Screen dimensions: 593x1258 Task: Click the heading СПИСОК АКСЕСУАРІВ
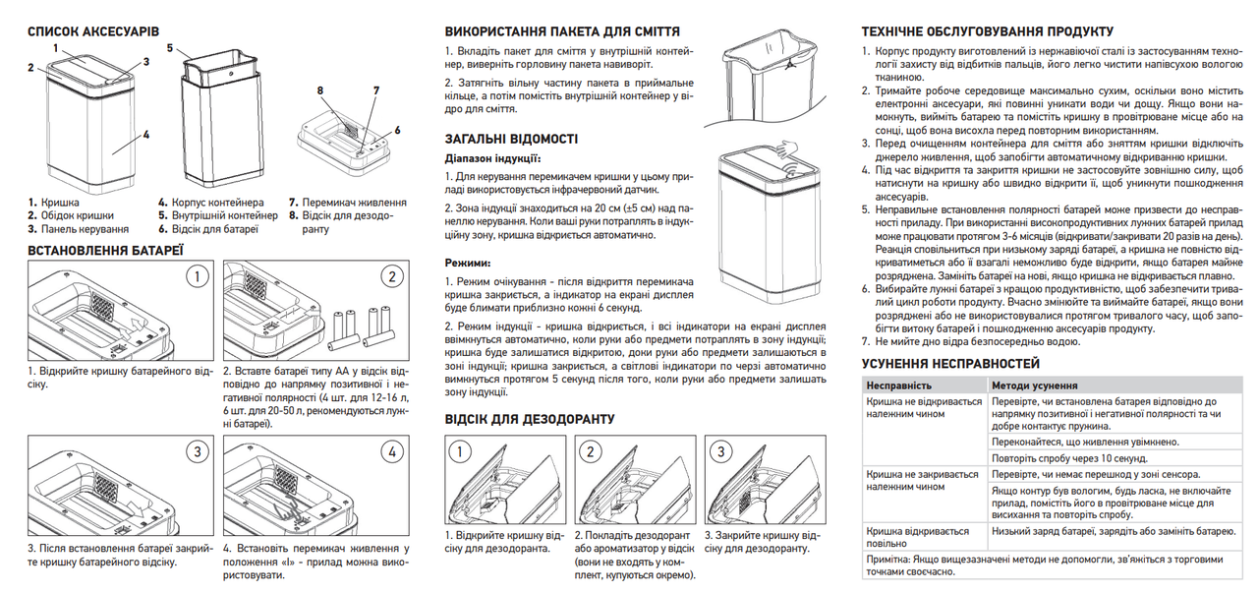[93, 31]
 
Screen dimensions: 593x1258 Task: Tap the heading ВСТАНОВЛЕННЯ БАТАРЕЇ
[105, 251]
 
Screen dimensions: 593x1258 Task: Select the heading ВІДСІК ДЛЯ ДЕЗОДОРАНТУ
[530, 419]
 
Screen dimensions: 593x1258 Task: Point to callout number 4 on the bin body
[146, 135]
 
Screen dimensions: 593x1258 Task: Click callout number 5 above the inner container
[170, 47]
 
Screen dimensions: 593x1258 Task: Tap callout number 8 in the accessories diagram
[320, 90]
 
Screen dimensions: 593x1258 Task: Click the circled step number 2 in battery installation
[393, 276]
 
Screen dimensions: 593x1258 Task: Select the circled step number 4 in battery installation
[393, 451]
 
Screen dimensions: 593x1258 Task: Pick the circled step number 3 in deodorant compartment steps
[721, 452]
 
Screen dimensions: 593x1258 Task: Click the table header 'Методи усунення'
[1035, 386]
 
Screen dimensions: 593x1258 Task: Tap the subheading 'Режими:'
[467, 263]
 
